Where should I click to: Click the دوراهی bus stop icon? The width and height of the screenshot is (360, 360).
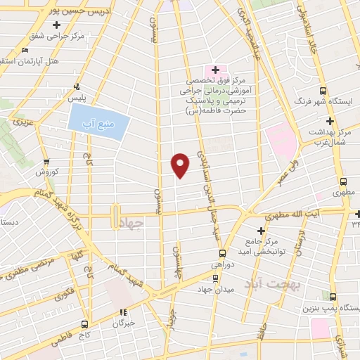(222, 254)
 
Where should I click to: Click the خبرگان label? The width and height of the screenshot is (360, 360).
(123, 324)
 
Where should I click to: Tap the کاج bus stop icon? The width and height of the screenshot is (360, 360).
(86, 324)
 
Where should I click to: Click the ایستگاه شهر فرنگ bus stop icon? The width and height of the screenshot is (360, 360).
(323, 91)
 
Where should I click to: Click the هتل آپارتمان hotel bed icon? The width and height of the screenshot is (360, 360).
(26, 50)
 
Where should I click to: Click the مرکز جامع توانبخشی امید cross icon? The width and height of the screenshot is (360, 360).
(261, 231)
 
